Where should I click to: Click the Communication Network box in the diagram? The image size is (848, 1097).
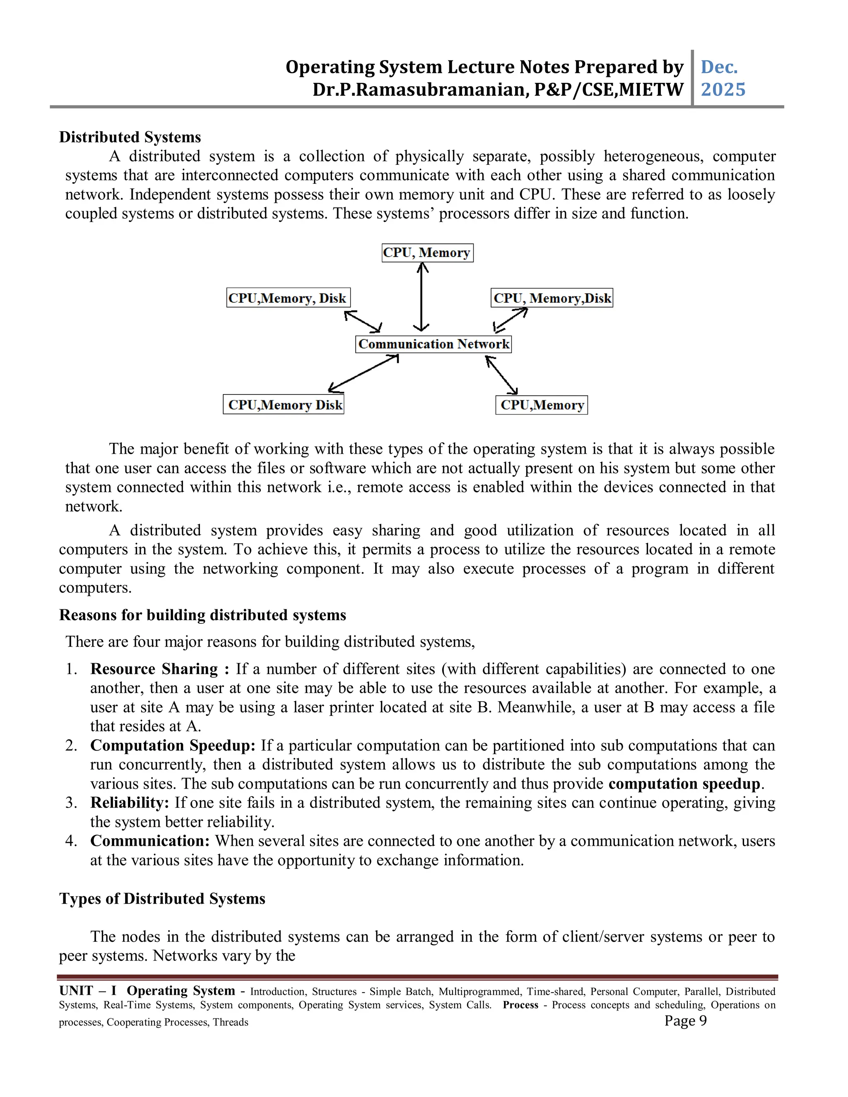click(433, 344)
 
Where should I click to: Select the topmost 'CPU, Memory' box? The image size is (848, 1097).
click(427, 252)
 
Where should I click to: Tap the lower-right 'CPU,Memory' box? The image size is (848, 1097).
click(541, 405)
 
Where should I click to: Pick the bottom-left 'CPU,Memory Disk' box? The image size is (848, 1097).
click(283, 405)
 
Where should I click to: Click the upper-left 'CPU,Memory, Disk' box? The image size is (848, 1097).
click(288, 298)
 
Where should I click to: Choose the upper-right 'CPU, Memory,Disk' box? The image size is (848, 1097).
click(552, 298)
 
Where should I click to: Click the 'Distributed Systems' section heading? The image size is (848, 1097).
click(130, 137)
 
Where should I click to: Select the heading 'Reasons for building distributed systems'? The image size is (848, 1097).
click(202, 615)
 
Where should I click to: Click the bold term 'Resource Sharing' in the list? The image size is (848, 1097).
click(154, 669)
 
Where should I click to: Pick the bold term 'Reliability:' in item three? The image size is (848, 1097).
click(130, 803)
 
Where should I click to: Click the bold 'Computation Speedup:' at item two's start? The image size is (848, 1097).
click(173, 746)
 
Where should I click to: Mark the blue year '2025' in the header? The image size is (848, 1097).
click(723, 90)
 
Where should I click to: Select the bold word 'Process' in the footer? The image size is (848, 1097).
click(520, 1005)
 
